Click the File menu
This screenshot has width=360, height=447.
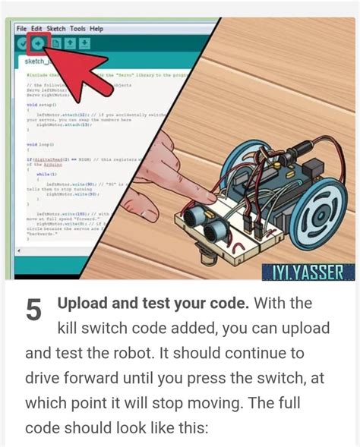point(21,28)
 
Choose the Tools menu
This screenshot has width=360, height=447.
point(78,28)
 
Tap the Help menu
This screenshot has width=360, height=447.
point(96,28)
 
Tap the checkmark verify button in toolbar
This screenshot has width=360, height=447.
point(22,43)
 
